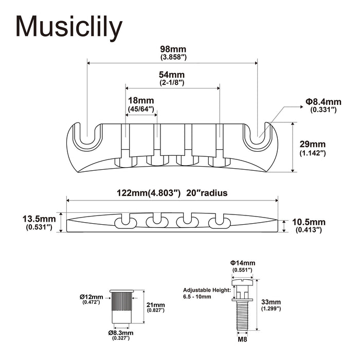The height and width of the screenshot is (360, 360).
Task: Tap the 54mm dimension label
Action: point(172,75)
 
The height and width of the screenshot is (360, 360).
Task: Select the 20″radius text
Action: point(208,193)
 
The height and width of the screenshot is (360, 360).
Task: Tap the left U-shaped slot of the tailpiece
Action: point(87,135)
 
